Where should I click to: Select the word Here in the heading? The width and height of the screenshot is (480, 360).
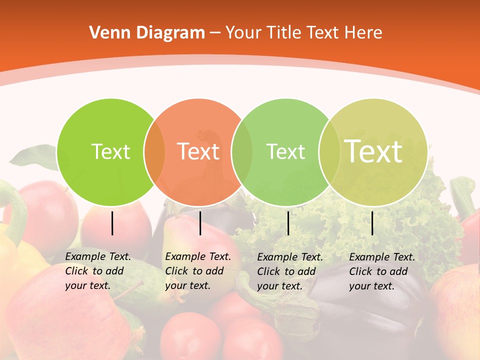tap(364, 33)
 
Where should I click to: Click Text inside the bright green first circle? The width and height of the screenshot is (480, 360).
tap(110, 151)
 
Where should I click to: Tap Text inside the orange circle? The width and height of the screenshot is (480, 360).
tap(198, 151)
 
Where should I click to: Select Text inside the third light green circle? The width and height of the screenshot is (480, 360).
tap(285, 151)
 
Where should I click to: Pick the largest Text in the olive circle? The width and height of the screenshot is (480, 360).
tap(373, 151)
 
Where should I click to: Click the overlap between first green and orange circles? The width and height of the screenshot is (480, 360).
tap(154, 152)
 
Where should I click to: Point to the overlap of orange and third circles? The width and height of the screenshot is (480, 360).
tap(242, 152)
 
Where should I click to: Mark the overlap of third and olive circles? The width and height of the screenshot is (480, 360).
tap(329, 152)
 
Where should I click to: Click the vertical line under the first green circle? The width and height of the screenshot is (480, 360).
tap(112, 223)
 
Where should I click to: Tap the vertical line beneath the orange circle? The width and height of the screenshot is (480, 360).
tap(200, 223)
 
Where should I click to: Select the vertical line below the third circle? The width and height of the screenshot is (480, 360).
tap(288, 223)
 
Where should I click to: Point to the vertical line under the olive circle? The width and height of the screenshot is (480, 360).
tap(372, 223)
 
